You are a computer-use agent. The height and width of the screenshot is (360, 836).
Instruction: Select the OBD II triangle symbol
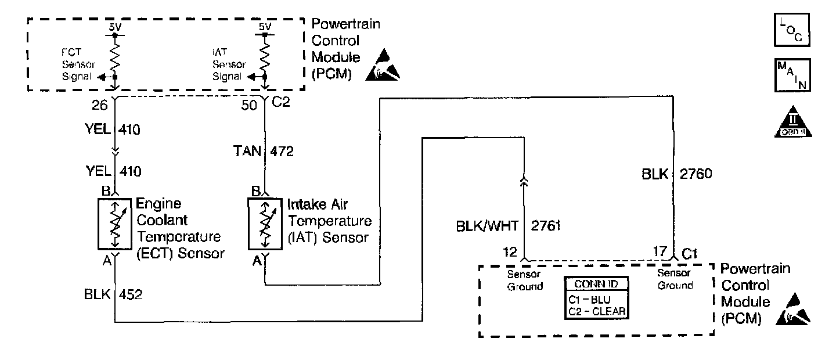tap(793, 124)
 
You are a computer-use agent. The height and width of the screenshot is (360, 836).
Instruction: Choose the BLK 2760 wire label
tap(673, 173)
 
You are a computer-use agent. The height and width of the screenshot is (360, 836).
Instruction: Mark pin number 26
tap(100, 105)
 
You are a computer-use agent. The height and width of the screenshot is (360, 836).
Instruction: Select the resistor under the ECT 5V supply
tap(116, 57)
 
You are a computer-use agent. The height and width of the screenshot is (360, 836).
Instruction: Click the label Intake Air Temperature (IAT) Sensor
tap(329, 221)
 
